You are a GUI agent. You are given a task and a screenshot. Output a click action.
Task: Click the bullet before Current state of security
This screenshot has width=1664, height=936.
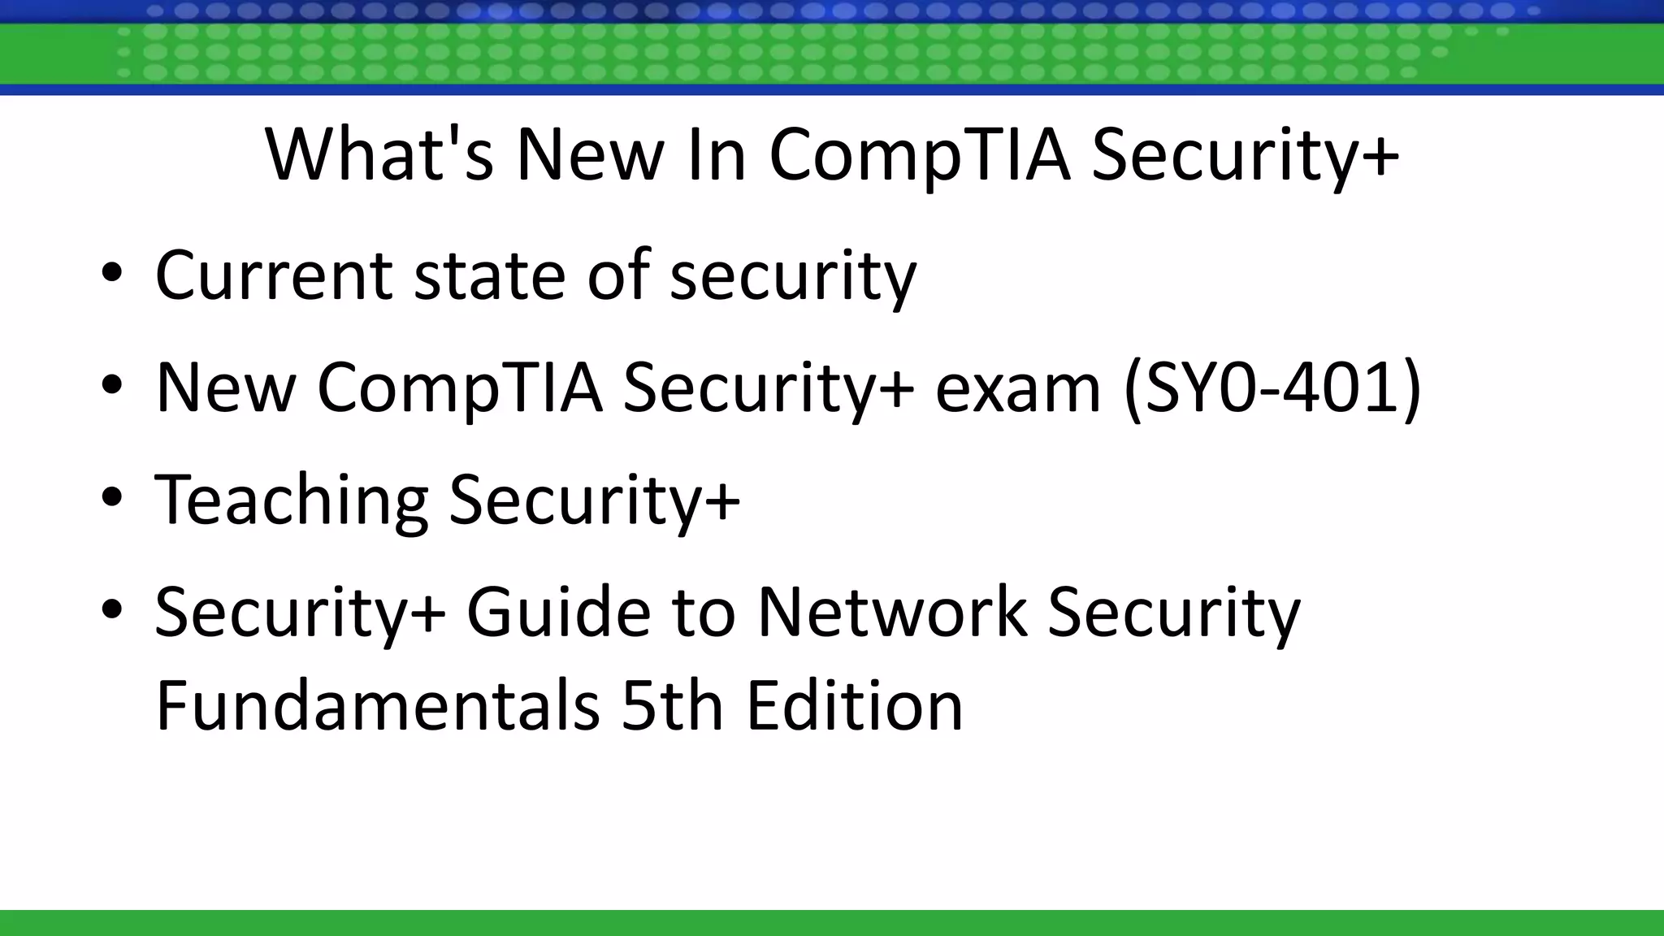[112, 274]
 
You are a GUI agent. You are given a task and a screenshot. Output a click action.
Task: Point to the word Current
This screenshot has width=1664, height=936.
[274, 275]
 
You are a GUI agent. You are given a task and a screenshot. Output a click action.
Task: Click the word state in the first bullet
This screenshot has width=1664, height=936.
[489, 275]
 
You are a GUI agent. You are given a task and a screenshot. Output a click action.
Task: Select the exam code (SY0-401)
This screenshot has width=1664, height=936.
[1272, 387]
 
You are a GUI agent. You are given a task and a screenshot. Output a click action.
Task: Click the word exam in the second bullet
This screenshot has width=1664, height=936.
[1018, 387]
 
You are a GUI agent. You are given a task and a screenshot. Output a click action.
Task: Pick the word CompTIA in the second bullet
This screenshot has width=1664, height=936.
[460, 387]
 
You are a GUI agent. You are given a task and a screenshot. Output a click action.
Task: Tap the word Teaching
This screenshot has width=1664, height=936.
[291, 498]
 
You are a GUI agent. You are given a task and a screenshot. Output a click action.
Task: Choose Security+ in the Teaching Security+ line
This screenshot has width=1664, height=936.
[594, 498]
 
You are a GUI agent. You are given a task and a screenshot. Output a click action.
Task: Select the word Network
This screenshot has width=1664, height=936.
[892, 611]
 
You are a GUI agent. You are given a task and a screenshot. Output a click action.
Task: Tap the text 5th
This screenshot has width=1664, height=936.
[672, 704]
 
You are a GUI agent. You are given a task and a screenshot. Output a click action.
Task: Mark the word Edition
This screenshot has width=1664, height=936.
[855, 704]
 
